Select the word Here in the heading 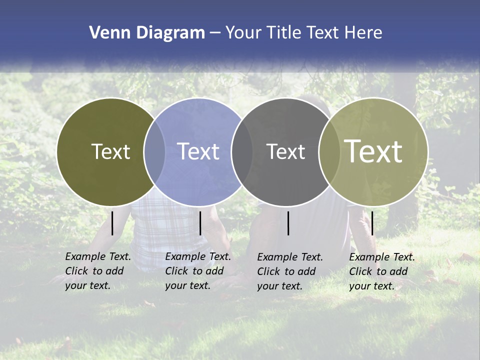click(363, 33)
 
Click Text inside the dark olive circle click(110, 151)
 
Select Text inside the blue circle click(198, 151)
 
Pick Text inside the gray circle click(285, 151)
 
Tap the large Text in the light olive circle click(373, 151)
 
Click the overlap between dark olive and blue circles click(154, 151)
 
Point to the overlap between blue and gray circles click(242, 151)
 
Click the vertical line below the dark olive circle click(112, 223)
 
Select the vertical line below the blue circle click(200, 223)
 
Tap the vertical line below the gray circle click(288, 223)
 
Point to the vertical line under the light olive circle click(372, 223)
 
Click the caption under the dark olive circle click(97, 271)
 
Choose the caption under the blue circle click(197, 271)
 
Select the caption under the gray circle click(289, 271)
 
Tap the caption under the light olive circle click(381, 271)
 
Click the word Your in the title click(243, 33)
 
